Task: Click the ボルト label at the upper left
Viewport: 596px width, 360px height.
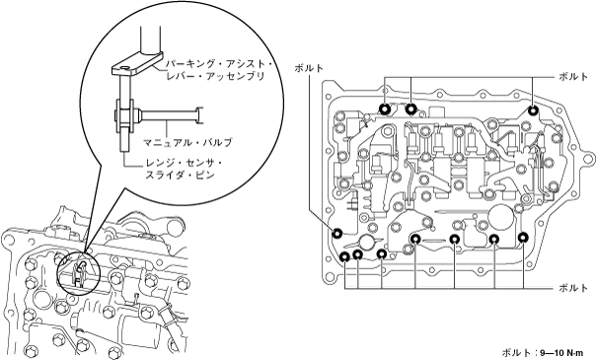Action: coord(309,68)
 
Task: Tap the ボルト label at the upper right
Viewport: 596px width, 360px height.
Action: coord(573,77)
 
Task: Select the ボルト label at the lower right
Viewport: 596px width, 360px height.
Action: coord(573,288)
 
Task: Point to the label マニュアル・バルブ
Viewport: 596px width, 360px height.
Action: coord(187,143)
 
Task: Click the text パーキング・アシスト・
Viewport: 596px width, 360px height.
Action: coord(218,65)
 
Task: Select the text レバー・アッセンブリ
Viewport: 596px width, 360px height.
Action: coord(215,76)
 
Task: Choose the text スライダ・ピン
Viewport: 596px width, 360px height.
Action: coord(176,175)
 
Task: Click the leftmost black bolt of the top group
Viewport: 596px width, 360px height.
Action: coord(385,109)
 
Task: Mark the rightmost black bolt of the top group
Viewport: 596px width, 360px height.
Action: coord(533,110)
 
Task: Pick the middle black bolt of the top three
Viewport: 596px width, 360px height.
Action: coord(410,109)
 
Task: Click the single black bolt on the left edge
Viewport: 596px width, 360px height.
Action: coord(337,233)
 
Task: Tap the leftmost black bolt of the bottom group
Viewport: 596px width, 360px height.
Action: coord(344,256)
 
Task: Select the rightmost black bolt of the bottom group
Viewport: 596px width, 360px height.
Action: coord(523,238)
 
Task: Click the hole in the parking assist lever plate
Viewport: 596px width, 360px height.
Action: coord(123,69)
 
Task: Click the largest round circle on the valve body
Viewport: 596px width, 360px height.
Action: coord(501,218)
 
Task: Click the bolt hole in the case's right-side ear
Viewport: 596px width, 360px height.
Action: coord(588,157)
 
